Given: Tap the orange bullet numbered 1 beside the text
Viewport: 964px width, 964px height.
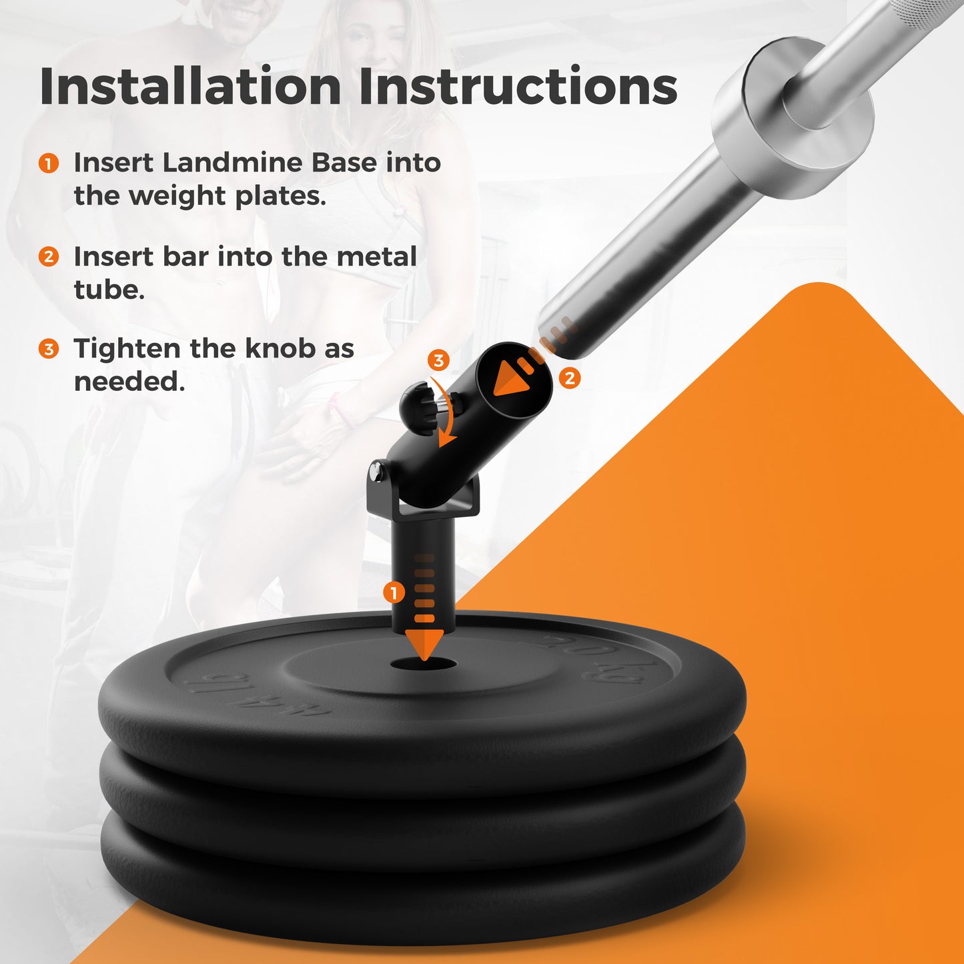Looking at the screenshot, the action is (49, 163).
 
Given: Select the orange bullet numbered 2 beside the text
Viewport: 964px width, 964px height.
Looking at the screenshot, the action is (49, 257).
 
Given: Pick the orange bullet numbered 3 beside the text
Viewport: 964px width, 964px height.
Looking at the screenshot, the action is (49, 349).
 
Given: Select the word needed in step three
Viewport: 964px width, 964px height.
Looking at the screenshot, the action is (129, 382).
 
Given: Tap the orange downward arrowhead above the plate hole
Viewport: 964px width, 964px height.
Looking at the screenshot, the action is (424, 645).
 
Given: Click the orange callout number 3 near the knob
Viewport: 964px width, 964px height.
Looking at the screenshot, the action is (438, 360).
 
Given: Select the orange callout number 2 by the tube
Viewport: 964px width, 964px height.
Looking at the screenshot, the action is (570, 378).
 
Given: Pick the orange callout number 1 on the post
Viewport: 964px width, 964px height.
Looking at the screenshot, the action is (394, 593).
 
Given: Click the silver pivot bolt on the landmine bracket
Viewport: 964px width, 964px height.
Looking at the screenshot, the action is (376, 470).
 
